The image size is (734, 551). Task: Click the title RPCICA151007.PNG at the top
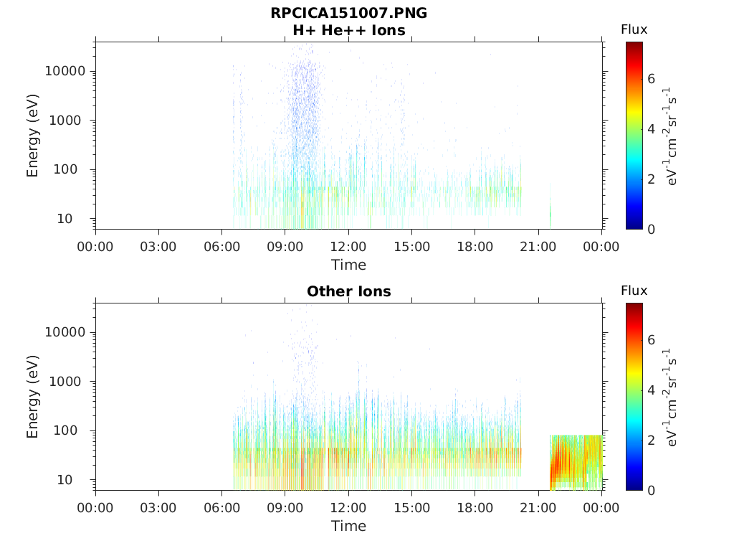pos(349,13)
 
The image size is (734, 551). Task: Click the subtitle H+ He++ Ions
pos(349,30)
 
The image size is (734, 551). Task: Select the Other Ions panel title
pos(349,291)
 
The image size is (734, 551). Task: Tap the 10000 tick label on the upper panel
pos(65,71)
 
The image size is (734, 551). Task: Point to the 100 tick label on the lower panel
pos(65,430)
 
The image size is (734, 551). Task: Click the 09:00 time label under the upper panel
pos(285,247)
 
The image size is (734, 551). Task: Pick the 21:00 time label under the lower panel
pos(538,508)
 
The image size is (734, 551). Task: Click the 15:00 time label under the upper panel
pos(412,247)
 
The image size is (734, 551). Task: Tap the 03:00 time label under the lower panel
pos(158,508)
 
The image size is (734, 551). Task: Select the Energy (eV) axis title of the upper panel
pos(32,136)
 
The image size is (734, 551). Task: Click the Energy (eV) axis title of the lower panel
pos(32,397)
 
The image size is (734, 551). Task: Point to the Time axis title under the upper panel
pos(349,265)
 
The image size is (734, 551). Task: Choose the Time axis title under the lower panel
pos(349,526)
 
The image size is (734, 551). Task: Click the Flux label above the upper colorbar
pos(634,29)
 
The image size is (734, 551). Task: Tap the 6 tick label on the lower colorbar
pos(651,339)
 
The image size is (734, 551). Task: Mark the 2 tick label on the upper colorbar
pos(651,179)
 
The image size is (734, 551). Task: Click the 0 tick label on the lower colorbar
pos(651,491)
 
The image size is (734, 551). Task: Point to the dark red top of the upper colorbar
pos(634,45)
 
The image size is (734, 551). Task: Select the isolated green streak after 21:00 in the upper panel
pos(550,206)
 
